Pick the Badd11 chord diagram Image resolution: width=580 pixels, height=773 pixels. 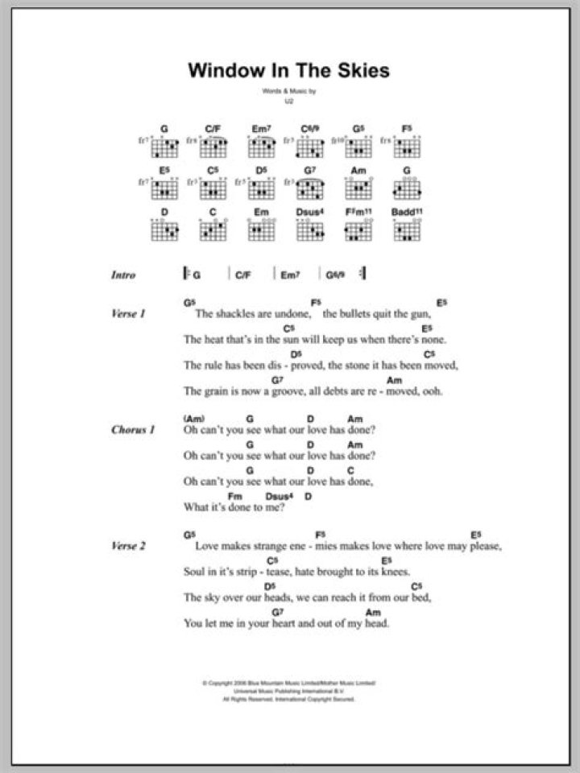(x=408, y=230)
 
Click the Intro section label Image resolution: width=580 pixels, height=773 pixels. (x=124, y=275)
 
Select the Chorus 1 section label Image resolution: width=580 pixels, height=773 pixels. (x=133, y=430)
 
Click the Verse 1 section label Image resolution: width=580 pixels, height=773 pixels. (x=129, y=314)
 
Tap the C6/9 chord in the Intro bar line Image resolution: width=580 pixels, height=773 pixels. (x=336, y=275)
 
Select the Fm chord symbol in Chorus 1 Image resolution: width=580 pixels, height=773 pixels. (x=235, y=496)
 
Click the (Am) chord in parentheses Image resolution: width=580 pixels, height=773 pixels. (x=194, y=419)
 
